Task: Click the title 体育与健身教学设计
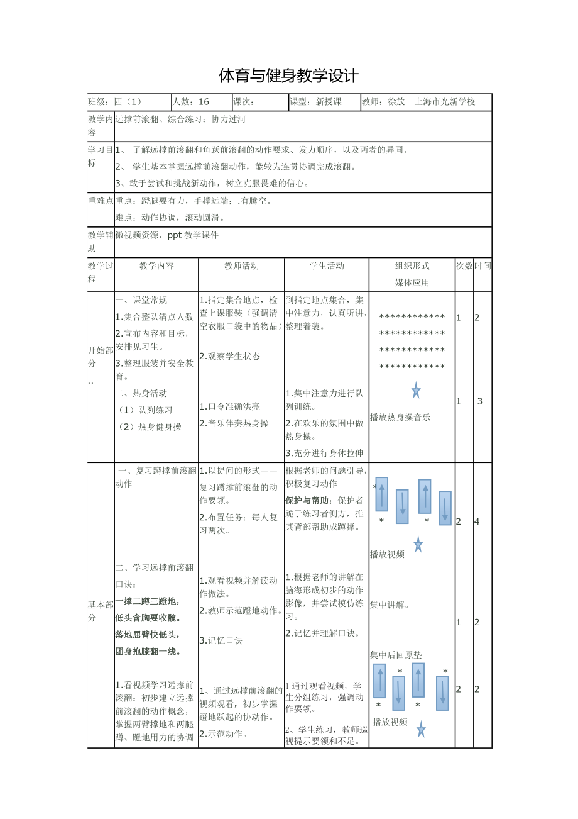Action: click(x=288, y=76)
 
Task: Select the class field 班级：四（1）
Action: click(x=116, y=102)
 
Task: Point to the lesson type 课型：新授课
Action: click(x=315, y=102)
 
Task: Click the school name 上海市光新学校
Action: click(x=445, y=102)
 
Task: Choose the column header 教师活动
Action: click(x=241, y=266)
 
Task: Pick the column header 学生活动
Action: click(x=327, y=266)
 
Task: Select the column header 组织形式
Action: click(x=412, y=266)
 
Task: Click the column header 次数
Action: click(x=464, y=266)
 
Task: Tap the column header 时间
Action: click(x=483, y=266)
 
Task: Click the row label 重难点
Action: click(x=101, y=201)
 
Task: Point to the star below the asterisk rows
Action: click(x=416, y=391)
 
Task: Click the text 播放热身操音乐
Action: click(x=400, y=417)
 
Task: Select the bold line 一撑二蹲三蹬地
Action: click(x=147, y=601)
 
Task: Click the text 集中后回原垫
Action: click(x=396, y=655)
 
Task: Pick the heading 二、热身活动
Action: click(x=141, y=394)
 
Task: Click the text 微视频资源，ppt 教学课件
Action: click(x=166, y=235)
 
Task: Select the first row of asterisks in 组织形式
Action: click(x=412, y=316)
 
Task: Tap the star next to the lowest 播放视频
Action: click(x=421, y=730)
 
